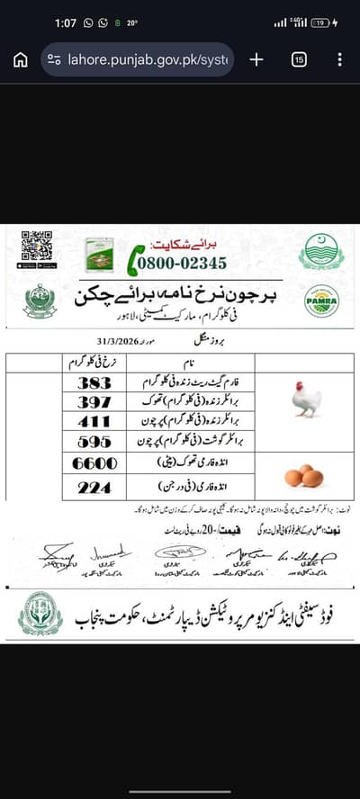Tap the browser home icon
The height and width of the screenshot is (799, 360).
pos(20,59)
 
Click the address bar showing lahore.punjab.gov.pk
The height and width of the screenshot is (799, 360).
pos(137,59)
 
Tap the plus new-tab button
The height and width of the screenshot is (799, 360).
pos(256,59)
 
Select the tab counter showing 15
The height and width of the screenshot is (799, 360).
pos(299,59)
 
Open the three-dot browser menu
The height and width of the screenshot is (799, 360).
pos(339,59)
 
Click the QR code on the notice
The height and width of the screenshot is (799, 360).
pos(37,247)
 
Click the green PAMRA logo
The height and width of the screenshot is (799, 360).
pos(321,301)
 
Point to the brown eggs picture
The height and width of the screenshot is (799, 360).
pos(303,475)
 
